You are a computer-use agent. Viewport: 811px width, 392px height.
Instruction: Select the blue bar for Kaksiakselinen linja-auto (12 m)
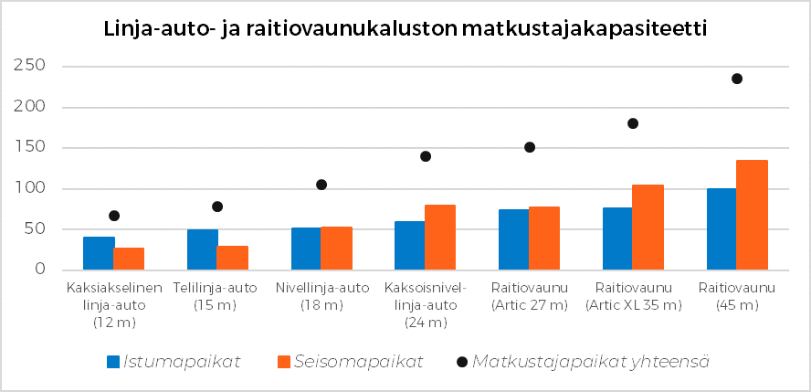(99, 253)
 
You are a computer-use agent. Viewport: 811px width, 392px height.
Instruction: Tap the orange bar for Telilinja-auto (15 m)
(232, 258)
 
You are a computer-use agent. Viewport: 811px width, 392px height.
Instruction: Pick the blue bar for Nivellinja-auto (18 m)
(305, 249)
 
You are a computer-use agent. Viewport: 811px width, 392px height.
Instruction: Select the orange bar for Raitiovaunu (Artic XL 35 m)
(647, 228)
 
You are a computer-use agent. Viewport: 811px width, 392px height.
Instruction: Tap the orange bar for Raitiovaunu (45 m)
(751, 215)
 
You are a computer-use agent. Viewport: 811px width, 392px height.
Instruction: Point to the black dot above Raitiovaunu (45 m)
(736, 79)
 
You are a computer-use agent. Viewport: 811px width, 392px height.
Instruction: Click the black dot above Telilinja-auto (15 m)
(217, 207)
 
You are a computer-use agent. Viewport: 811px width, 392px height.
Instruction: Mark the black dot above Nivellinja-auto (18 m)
(321, 185)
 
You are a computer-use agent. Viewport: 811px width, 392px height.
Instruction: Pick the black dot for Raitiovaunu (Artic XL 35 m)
(632, 123)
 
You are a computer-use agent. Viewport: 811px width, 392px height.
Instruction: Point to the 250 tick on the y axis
(30, 67)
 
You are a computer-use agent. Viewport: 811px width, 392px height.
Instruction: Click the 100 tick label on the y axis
(30, 189)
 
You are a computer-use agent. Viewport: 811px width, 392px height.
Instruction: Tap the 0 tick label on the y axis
(40, 270)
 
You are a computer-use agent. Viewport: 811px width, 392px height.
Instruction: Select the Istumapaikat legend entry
(174, 362)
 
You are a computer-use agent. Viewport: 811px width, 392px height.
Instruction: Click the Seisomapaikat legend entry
(348, 362)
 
